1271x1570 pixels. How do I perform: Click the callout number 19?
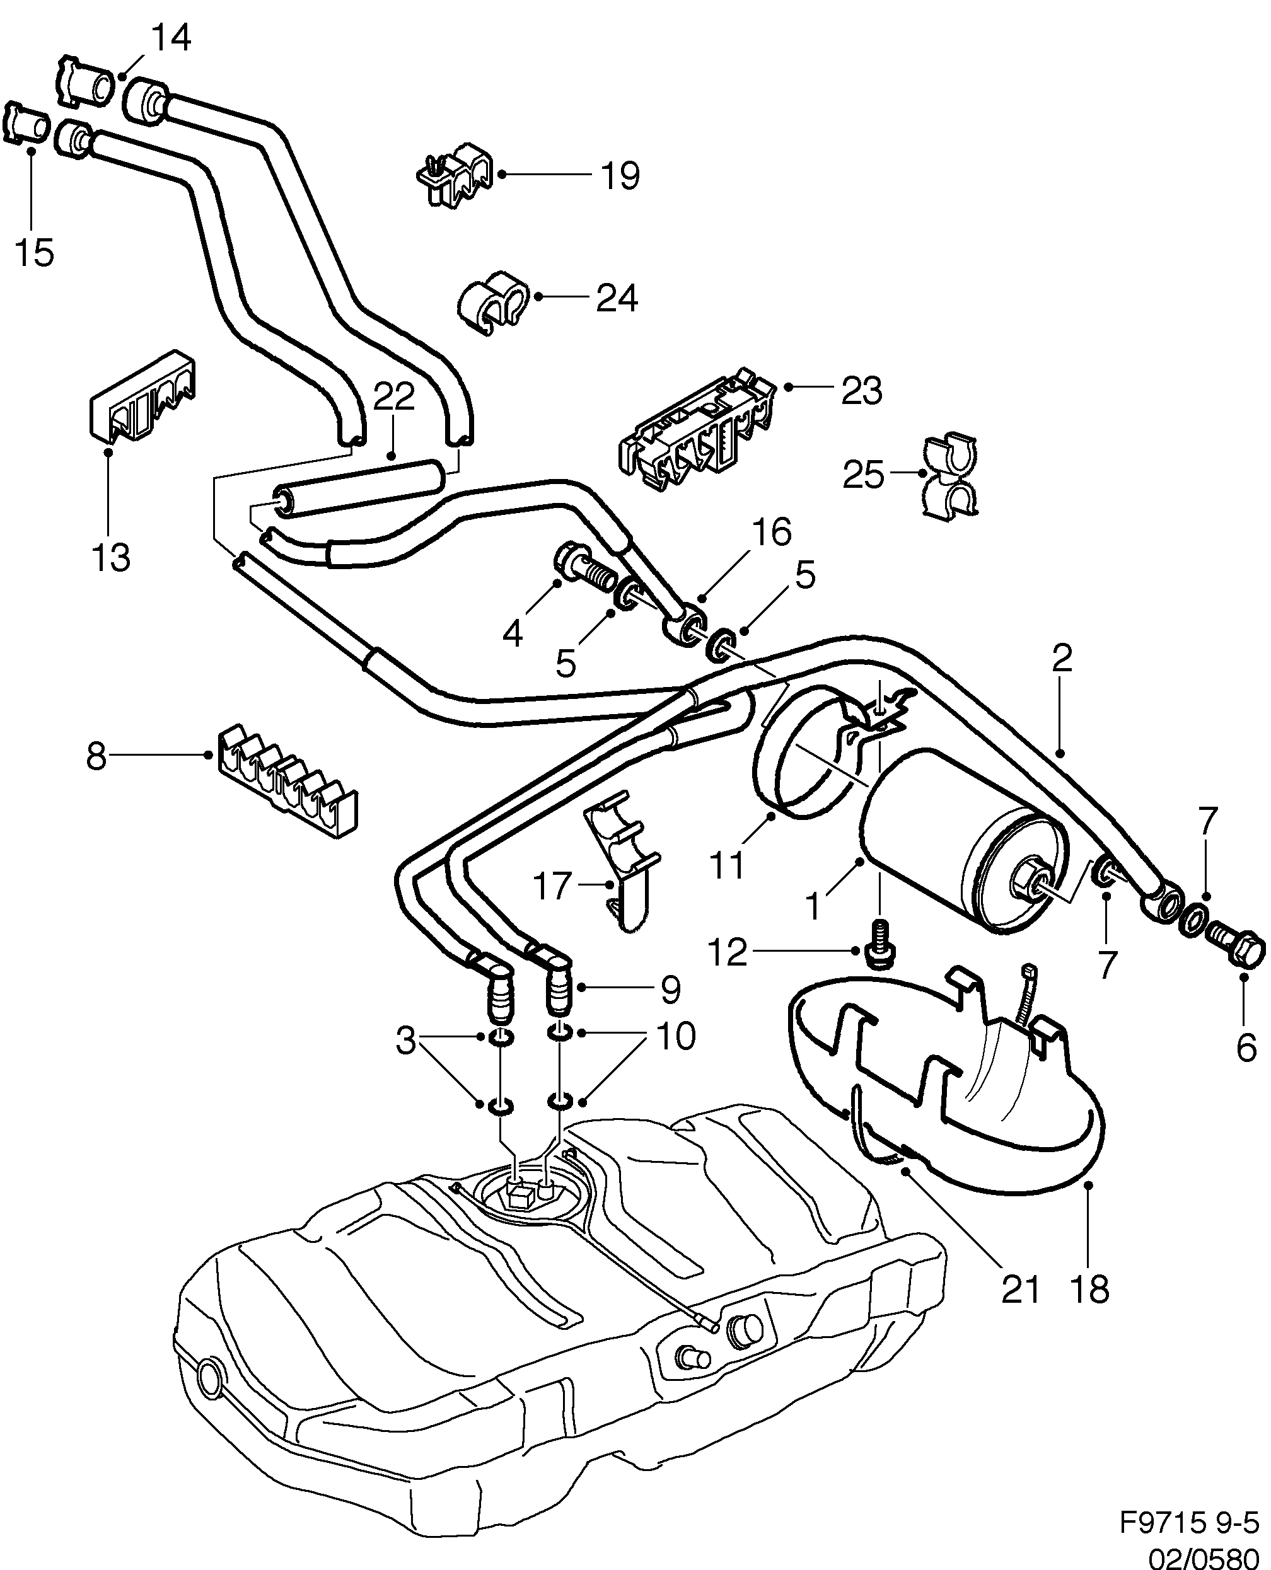coord(619,176)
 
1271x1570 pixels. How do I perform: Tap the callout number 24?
coord(617,299)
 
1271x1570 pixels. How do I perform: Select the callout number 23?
coord(862,391)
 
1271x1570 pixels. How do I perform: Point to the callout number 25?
coord(863,475)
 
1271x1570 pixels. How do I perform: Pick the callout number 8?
coord(96,756)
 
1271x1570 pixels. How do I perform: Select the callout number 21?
coord(1020,1290)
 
